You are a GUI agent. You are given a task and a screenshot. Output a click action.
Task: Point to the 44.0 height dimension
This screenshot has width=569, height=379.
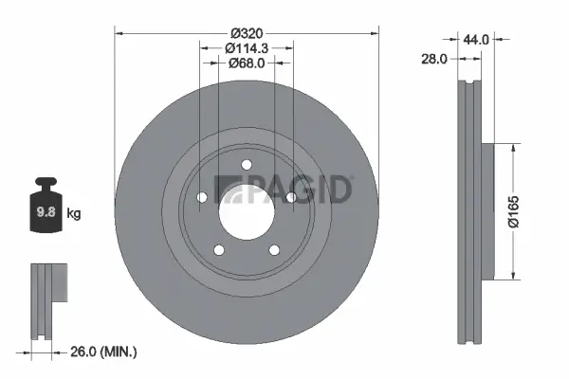(x=476, y=40)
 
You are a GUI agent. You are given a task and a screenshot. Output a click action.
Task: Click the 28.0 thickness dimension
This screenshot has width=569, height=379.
(x=434, y=59)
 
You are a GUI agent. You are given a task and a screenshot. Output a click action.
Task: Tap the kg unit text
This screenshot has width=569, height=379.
(x=74, y=214)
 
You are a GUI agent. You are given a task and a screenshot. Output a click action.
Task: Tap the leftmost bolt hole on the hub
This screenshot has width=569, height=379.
(x=200, y=199)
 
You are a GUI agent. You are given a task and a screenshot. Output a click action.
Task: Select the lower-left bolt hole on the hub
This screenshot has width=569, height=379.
(x=218, y=251)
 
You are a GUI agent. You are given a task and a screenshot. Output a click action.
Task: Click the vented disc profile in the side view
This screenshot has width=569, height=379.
(x=465, y=212)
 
